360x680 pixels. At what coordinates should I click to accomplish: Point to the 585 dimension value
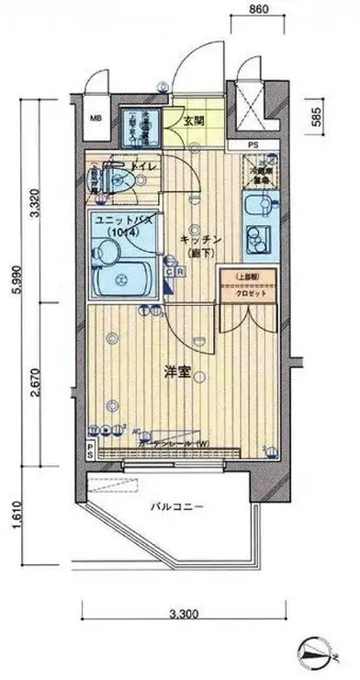(x=314, y=119)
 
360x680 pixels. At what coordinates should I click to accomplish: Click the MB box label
(x=96, y=119)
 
